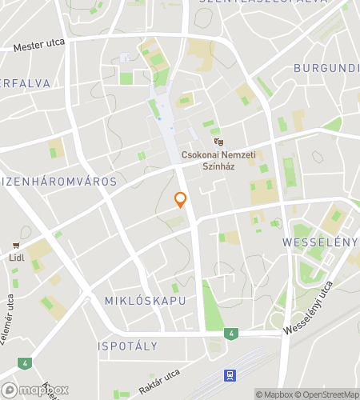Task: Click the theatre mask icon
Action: pyautogui.click(x=219, y=142)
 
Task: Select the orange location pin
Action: pyautogui.click(x=181, y=200)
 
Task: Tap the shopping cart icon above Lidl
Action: pyautogui.click(x=15, y=246)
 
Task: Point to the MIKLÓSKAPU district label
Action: pyautogui.click(x=145, y=301)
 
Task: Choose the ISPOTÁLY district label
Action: pyautogui.click(x=127, y=346)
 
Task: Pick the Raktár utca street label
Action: pyautogui.click(x=161, y=379)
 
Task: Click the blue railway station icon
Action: pyautogui.click(x=230, y=374)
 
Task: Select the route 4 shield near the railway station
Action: pyautogui.click(x=230, y=334)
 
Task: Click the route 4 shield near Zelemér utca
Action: pyautogui.click(x=26, y=363)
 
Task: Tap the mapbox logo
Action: pyautogui.click(x=36, y=390)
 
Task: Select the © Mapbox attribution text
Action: pyautogui.click(x=274, y=394)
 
